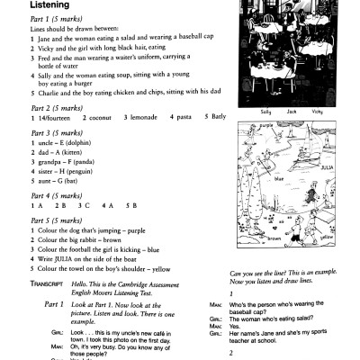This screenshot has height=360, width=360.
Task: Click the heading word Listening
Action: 37,7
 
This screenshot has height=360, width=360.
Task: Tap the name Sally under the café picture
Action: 265,112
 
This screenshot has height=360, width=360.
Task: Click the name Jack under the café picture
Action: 290,112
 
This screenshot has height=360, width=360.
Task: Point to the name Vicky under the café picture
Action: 316,112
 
